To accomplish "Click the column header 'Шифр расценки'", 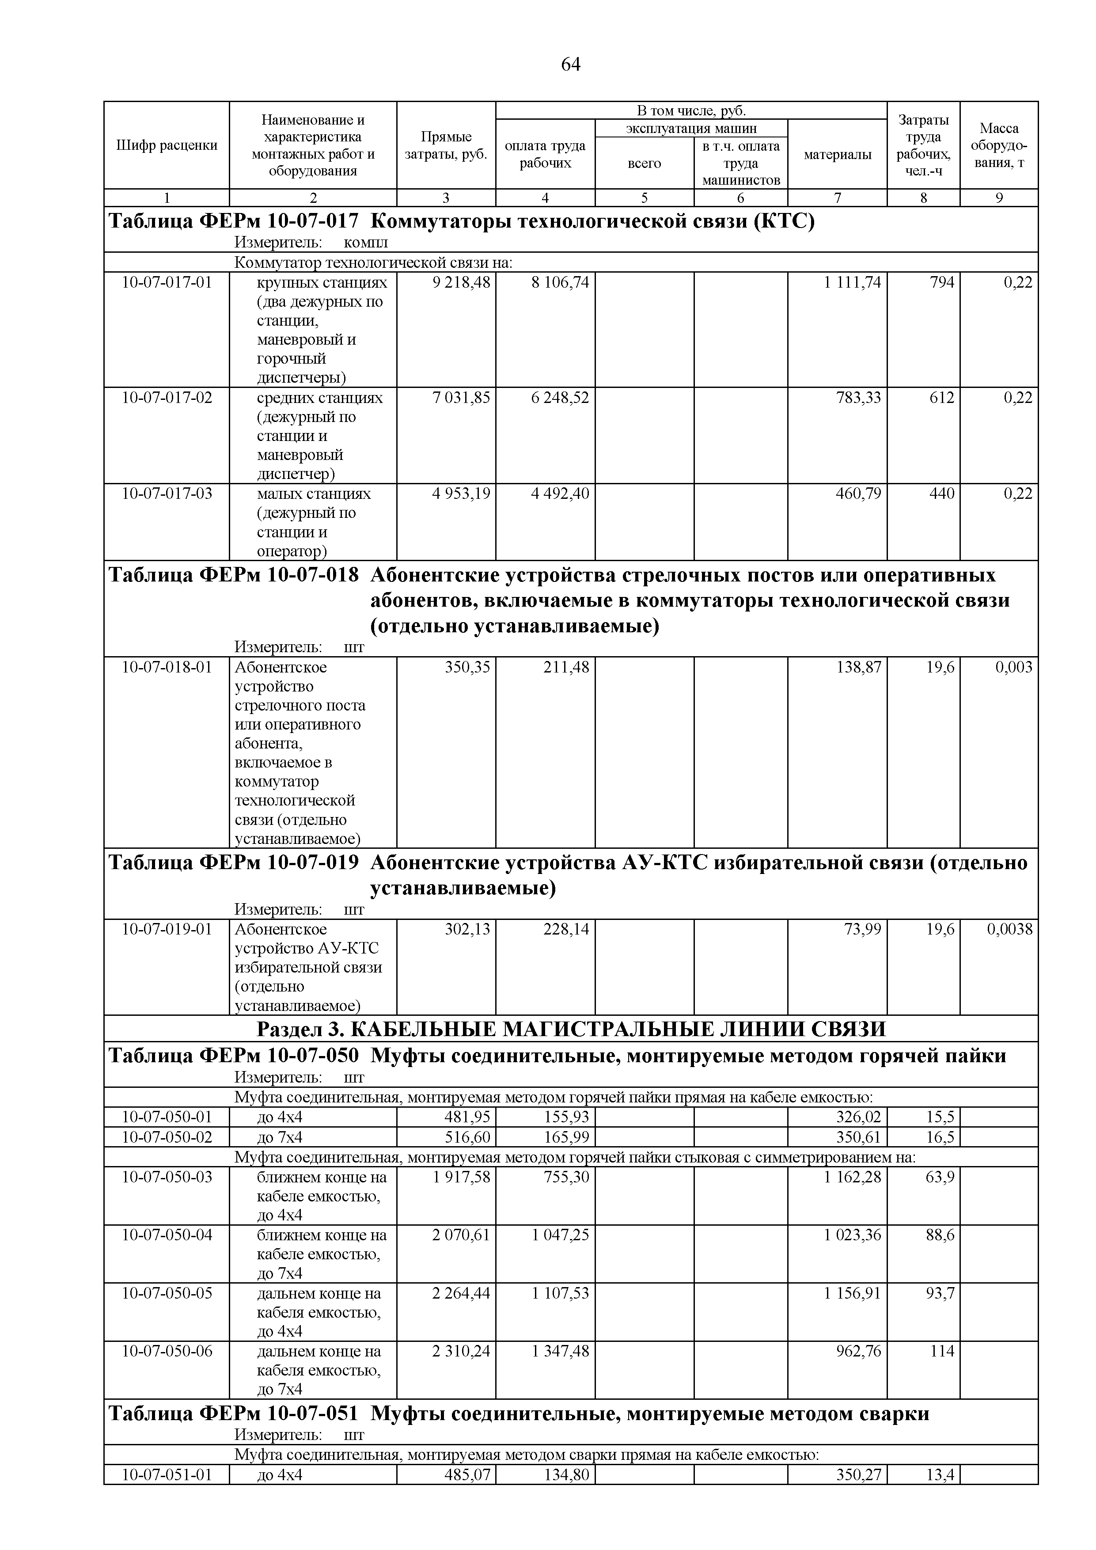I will [x=167, y=145].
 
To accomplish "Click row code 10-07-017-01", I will [x=167, y=282].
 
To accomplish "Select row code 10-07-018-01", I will [x=167, y=667].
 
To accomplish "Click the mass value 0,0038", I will [x=1009, y=929].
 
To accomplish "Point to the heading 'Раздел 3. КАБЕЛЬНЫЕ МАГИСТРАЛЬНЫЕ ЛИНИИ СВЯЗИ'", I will [x=571, y=1029].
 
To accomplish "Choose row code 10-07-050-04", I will [x=167, y=1235].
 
